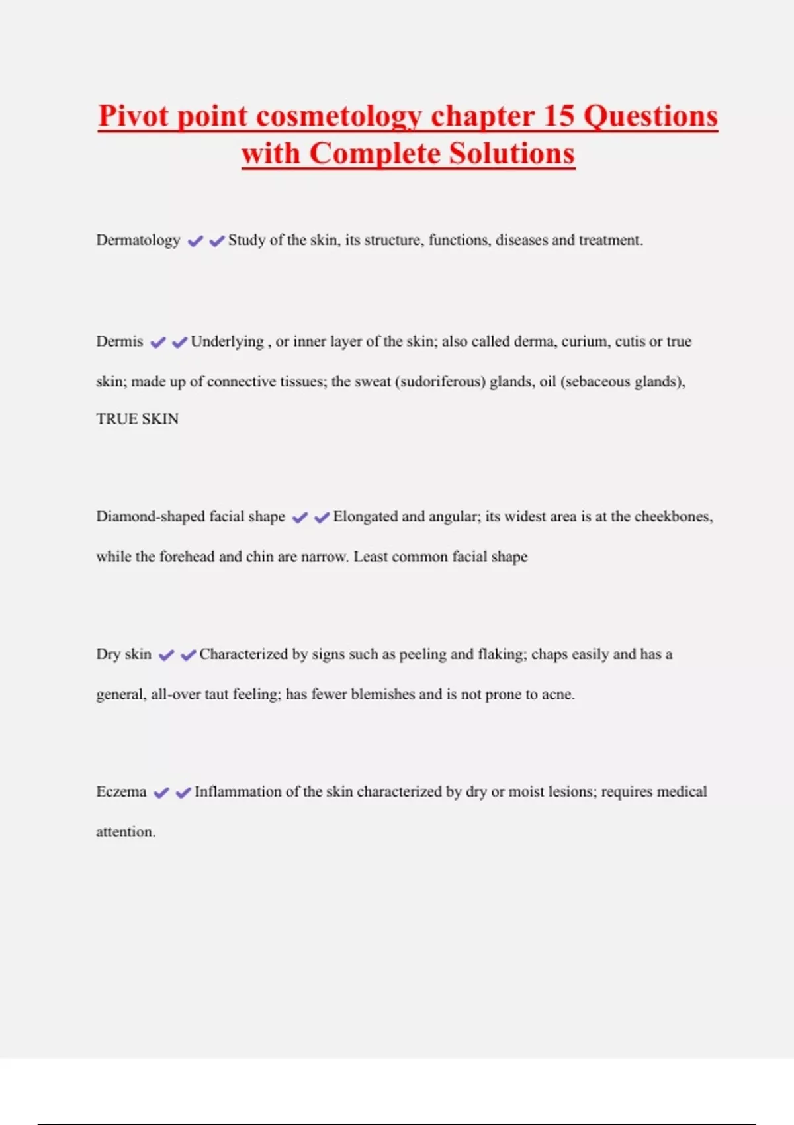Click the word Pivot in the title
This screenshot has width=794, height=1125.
click(x=134, y=116)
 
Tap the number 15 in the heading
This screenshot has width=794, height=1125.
click(x=558, y=116)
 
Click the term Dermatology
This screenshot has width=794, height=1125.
click(x=138, y=240)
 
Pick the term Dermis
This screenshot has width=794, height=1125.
click(x=120, y=342)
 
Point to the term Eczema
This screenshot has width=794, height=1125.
click(x=121, y=792)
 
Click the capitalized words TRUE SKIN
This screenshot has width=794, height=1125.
click(x=138, y=419)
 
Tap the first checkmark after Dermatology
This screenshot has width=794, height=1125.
click(x=195, y=241)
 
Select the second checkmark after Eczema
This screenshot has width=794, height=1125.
click(x=183, y=793)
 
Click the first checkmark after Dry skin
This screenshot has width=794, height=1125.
click(x=167, y=655)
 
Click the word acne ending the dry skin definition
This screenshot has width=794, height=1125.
click(x=557, y=694)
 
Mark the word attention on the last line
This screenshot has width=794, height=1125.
click(x=125, y=832)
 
